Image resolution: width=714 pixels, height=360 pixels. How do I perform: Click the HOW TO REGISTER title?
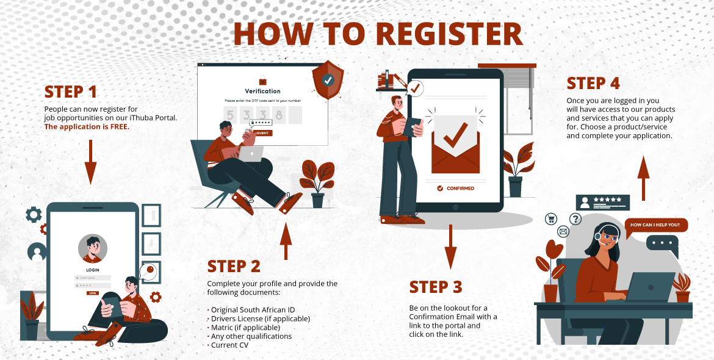[378, 34]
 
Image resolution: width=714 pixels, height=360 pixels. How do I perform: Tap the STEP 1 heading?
[71, 92]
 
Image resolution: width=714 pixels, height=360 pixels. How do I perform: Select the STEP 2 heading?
[234, 266]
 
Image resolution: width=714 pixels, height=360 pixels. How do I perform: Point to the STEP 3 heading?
[436, 287]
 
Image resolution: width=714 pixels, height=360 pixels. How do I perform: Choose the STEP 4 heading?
[593, 83]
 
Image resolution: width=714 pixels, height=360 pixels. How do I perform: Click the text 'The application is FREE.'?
[87, 127]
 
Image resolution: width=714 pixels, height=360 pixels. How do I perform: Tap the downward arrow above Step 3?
[450, 247]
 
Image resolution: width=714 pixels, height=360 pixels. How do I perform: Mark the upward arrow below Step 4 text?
[643, 174]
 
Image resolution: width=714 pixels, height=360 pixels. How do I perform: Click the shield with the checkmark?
[328, 80]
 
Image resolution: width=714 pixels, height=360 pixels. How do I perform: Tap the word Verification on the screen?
[262, 91]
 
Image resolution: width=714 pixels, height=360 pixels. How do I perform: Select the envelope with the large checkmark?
[455, 144]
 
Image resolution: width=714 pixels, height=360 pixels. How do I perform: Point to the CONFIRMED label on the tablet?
[456, 189]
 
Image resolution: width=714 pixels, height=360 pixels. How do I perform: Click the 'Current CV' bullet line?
[229, 345]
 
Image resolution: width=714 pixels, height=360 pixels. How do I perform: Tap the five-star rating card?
[602, 202]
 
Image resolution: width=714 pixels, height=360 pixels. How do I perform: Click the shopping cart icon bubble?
[551, 218]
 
